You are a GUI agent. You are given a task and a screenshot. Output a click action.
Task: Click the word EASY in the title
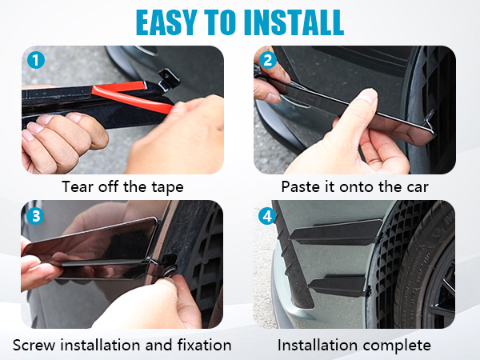pos(166,22)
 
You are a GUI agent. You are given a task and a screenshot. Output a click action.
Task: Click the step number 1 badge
pos(36,60)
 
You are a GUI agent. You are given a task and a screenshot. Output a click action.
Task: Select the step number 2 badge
pos(267,60)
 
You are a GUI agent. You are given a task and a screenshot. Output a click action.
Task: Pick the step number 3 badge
pos(35,216)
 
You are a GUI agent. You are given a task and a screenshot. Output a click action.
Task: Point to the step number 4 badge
pos(267,216)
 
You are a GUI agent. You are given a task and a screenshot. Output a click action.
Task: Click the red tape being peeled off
pos(132,96)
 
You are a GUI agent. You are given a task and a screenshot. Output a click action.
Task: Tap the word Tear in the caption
pos(77,186)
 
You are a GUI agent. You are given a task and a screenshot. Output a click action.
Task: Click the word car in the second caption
pos(418,187)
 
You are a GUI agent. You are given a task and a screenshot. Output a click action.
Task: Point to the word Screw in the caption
pos(34,345)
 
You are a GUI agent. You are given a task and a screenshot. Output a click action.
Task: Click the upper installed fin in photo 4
pos(335,232)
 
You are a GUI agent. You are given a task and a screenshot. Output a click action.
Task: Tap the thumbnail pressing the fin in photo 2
pos(366,95)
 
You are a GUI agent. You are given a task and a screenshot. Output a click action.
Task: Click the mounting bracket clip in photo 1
pos(168,79)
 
